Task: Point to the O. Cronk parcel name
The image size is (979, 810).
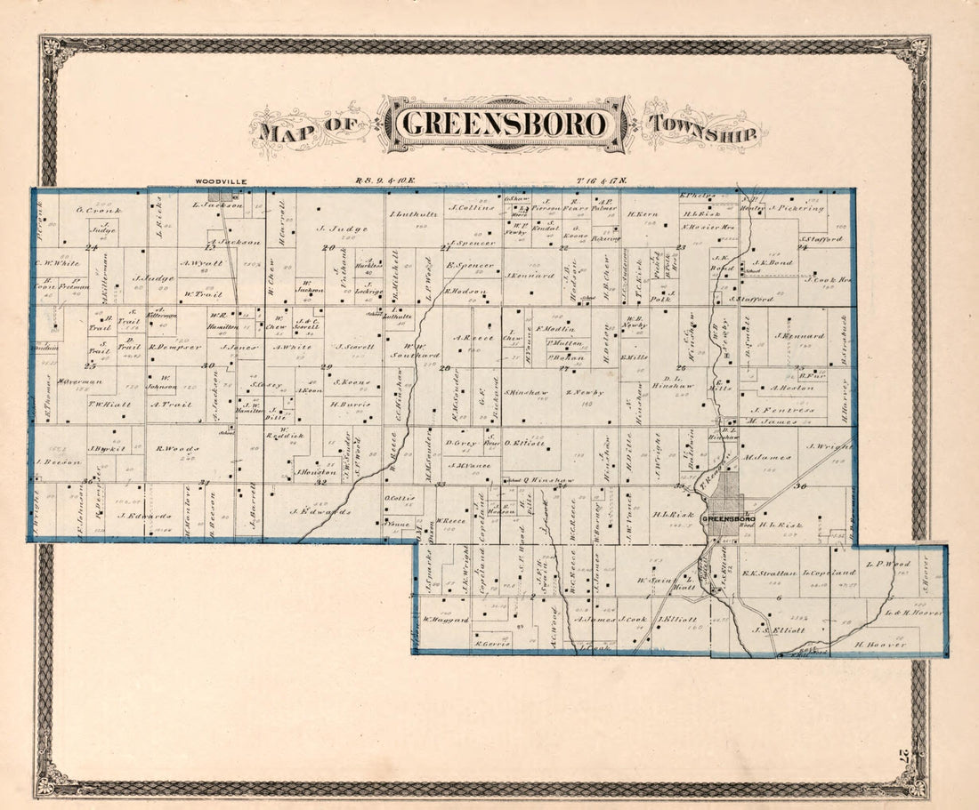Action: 92,210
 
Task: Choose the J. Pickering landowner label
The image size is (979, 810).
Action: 797,209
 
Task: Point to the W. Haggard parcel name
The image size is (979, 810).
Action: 445,620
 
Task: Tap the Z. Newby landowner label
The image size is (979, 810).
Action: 584,392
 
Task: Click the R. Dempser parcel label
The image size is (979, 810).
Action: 176,347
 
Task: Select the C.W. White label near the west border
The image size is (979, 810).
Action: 57,262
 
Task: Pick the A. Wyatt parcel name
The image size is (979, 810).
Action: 200,262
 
